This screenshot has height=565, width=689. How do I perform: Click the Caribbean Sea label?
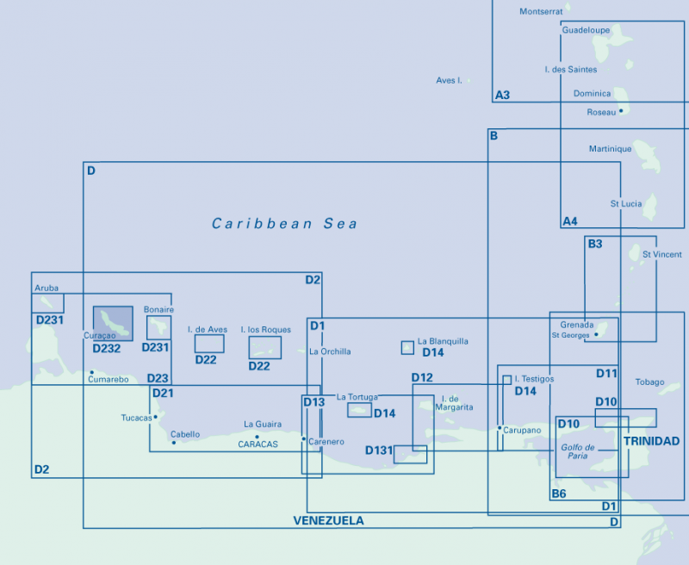tap(284, 224)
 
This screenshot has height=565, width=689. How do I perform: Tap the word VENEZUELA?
tap(328, 520)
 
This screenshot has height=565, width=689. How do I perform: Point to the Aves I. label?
tap(449, 80)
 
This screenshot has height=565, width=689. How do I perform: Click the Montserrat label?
tap(541, 11)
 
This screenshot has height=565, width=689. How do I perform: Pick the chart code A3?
tap(502, 95)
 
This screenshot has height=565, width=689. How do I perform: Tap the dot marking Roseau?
tap(620, 111)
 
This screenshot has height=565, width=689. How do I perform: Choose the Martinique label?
tap(610, 149)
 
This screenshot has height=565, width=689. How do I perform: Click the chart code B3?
tap(595, 245)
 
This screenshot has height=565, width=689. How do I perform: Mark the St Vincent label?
tap(661, 255)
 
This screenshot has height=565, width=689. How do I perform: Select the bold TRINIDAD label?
tap(651, 441)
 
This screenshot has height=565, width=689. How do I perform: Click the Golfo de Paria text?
tap(578, 451)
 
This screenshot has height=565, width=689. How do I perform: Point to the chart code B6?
tap(559, 494)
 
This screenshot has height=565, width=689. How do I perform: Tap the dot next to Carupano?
tap(500, 428)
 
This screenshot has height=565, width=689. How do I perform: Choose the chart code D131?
tap(379, 450)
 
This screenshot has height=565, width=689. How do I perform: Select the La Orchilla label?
tap(330, 351)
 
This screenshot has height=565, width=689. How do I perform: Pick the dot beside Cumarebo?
tap(91, 372)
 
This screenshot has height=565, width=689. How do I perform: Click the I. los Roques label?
tap(265, 329)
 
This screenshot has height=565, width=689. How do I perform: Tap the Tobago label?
tap(649, 382)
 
